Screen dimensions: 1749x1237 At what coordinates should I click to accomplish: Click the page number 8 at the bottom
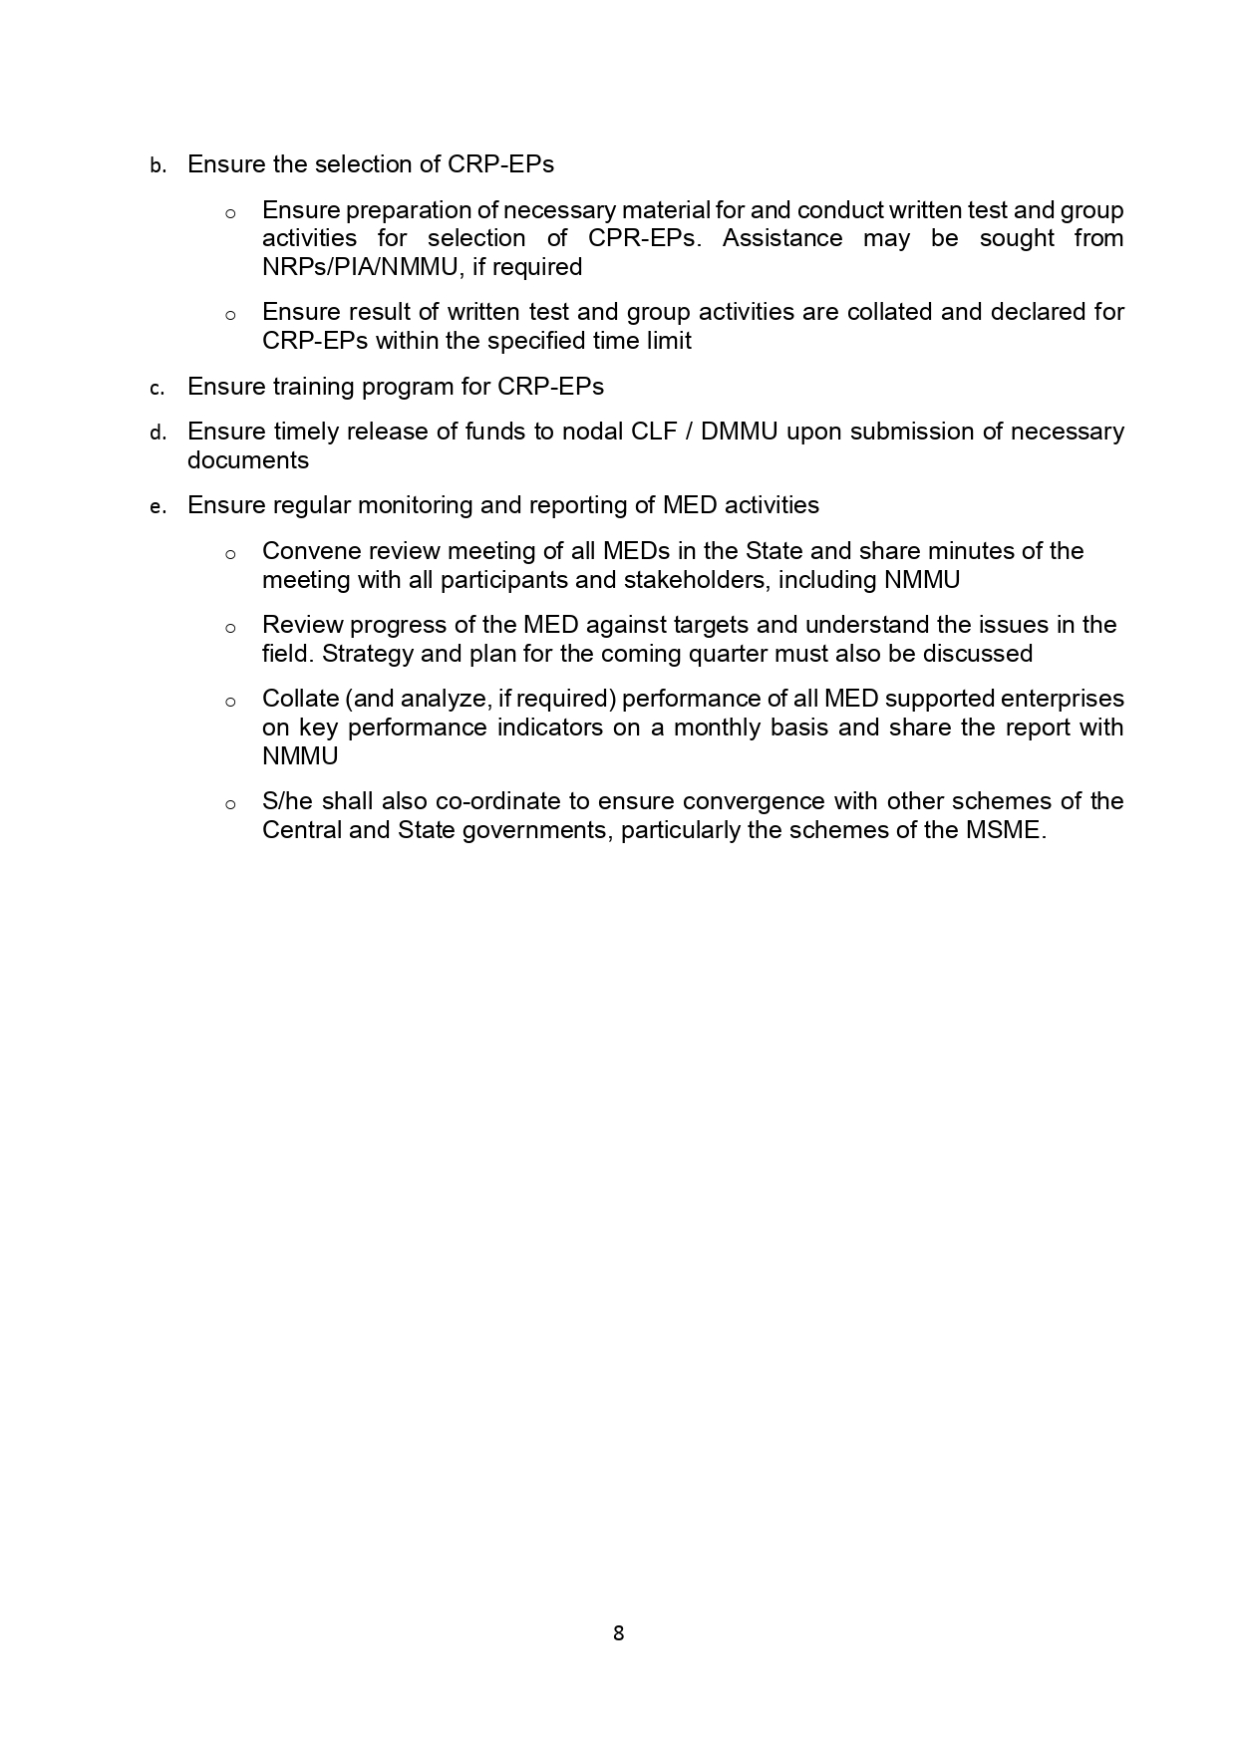click(x=618, y=1633)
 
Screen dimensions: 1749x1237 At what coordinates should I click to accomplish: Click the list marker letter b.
click(x=157, y=166)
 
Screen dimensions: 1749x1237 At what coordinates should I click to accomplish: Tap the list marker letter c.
click(x=157, y=389)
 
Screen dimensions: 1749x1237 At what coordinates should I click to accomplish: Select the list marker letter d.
click(x=157, y=434)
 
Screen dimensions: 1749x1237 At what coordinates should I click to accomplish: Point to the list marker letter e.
click(x=157, y=507)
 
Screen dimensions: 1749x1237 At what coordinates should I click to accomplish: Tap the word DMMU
click(x=739, y=432)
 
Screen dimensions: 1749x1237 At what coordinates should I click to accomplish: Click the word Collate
click(x=299, y=699)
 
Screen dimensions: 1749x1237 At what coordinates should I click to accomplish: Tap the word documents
click(x=248, y=460)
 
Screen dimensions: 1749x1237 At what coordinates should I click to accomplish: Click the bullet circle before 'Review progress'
click(x=230, y=628)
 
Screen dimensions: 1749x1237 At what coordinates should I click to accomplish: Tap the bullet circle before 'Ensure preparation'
click(x=230, y=213)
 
